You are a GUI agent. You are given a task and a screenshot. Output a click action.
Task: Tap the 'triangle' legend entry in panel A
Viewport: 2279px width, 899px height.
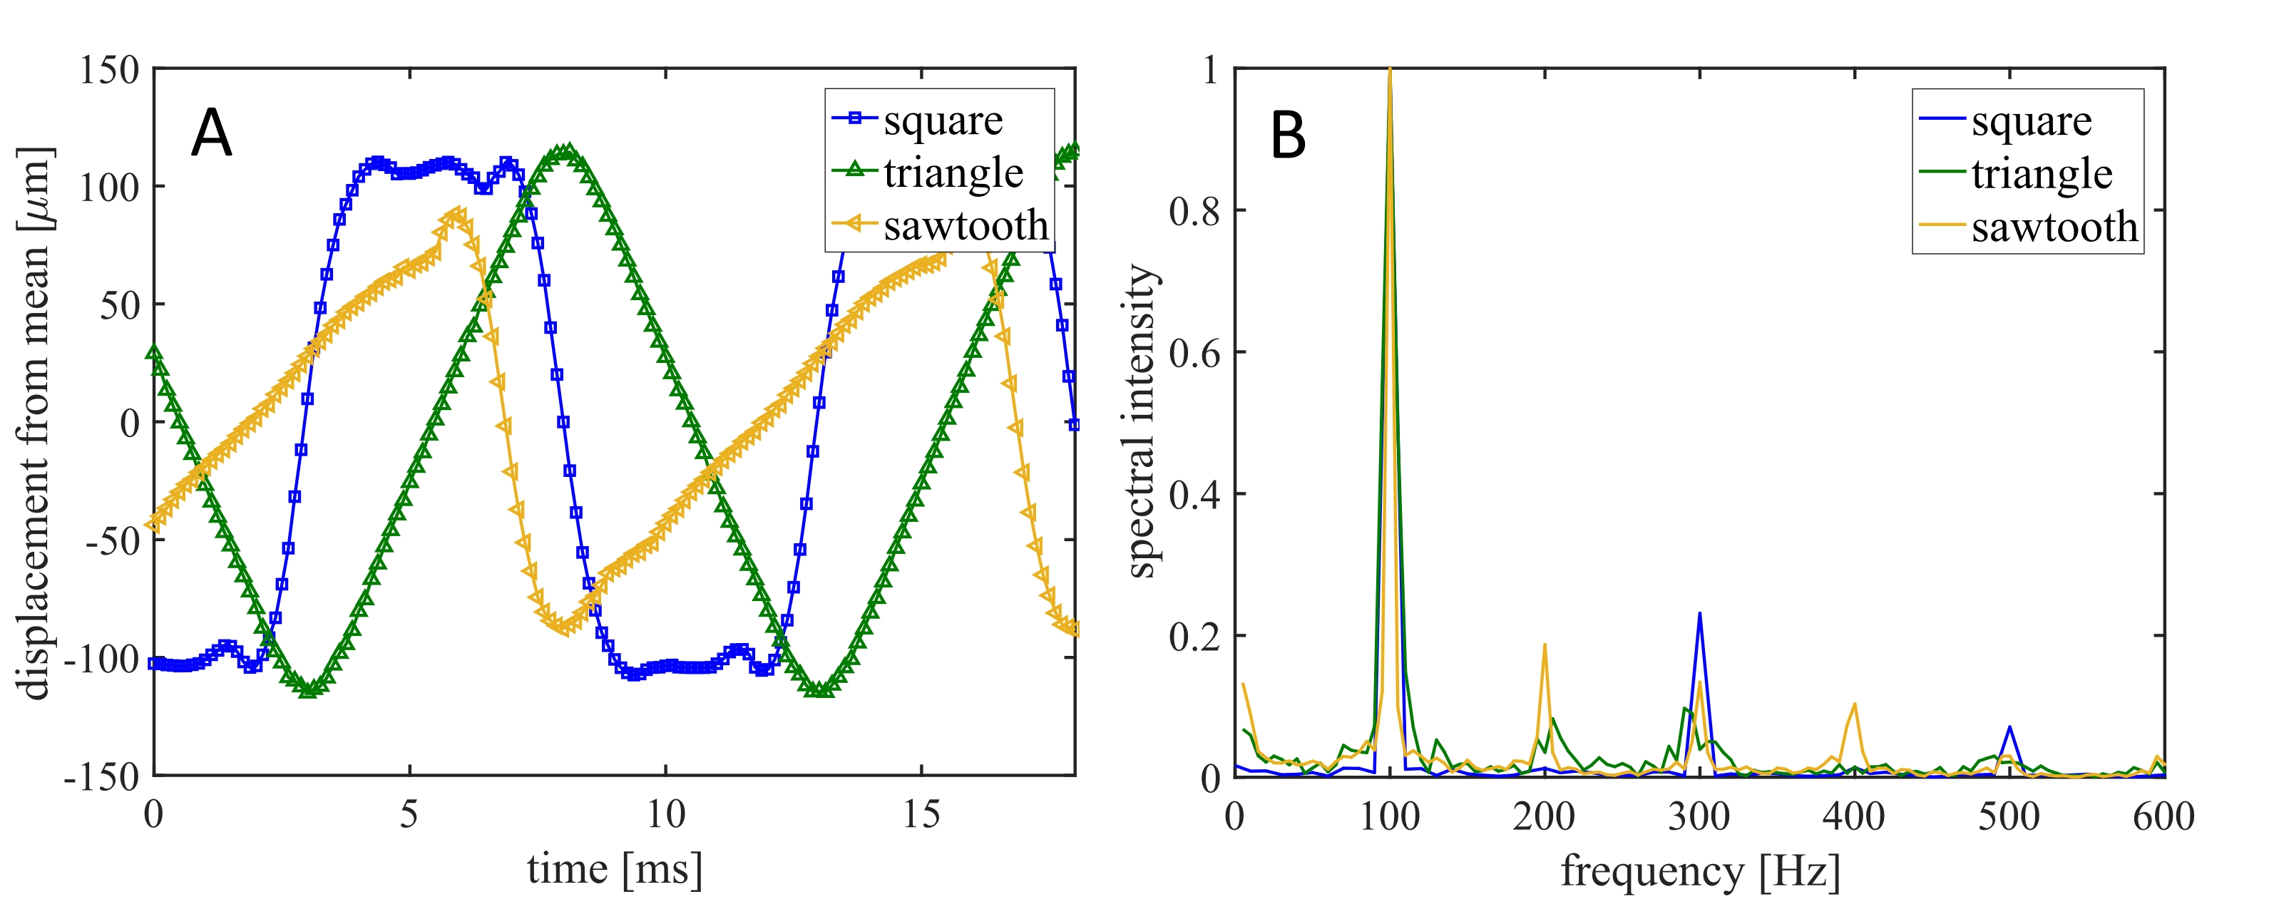click(953, 173)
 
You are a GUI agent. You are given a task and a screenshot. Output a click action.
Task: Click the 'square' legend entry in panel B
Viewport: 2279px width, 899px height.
click(2032, 121)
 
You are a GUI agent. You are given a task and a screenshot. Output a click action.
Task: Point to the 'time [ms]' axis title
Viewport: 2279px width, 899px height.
click(615, 869)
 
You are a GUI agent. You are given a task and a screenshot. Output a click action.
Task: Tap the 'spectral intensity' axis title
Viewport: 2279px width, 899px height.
click(1141, 421)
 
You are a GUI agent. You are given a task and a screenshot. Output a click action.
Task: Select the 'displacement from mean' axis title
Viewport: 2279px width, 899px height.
click(36, 423)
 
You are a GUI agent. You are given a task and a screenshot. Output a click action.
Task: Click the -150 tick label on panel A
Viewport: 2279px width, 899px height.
click(102, 777)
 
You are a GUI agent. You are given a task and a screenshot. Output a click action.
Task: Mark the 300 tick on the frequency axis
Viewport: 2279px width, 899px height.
click(1699, 816)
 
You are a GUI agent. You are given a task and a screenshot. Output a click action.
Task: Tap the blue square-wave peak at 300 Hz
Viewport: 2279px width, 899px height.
click(1699, 613)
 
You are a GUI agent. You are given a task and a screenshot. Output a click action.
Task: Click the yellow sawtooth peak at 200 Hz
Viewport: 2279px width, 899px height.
click(1545, 644)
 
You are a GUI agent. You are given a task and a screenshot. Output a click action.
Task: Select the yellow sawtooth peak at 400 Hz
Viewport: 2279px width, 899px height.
click(1854, 704)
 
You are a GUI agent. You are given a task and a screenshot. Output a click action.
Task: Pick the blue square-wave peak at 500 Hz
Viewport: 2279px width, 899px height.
click(2010, 727)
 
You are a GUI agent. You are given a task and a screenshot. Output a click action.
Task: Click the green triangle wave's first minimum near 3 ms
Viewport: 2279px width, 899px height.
click(308, 689)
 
